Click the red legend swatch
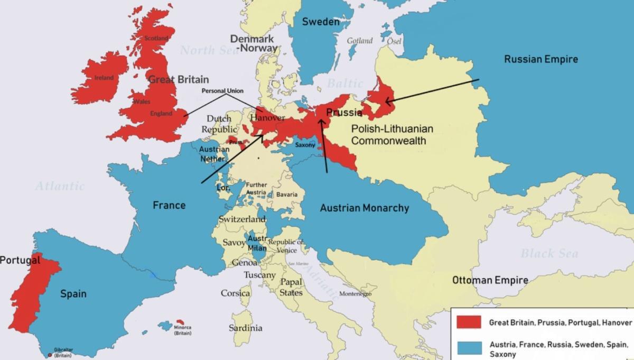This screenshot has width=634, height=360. [x=468, y=322]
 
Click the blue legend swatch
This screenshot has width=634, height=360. [x=468, y=348]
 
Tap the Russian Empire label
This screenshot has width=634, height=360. [x=540, y=59]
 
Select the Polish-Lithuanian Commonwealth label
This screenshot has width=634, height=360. [x=392, y=135]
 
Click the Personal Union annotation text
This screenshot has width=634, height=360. [x=222, y=91]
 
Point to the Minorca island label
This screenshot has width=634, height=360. [x=182, y=330]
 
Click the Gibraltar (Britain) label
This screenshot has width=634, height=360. [x=63, y=352]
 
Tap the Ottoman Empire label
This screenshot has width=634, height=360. [x=490, y=280]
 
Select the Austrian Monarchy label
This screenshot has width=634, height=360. [x=364, y=208]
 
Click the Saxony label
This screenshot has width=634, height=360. [x=305, y=145]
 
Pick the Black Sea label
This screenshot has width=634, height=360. [x=549, y=253]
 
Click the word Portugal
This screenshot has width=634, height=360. [x=20, y=260]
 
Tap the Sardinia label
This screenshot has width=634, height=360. [x=245, y=328]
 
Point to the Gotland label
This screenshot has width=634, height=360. [x=359, y=41]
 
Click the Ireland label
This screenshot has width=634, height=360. [x=104, y=78]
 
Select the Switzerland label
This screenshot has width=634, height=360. [x=243, y=219]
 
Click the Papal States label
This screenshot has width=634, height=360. [x=291, y=287]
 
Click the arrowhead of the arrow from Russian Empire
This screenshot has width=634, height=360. [x=388, y=101]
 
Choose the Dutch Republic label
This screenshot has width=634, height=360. [x=219, y=124]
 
